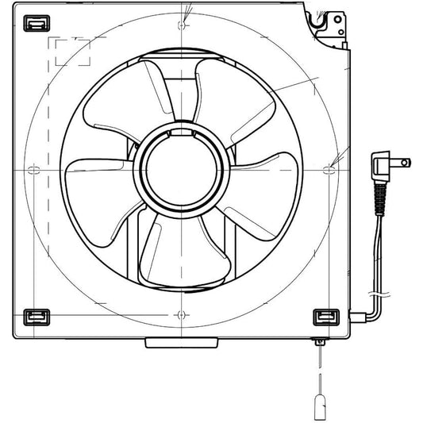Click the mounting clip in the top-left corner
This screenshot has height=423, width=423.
coord(34,25)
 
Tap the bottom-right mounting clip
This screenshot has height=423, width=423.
coord(325,317)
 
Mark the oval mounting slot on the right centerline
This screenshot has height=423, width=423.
coord(332,170)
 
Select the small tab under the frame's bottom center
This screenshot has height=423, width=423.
coord(182,343)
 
